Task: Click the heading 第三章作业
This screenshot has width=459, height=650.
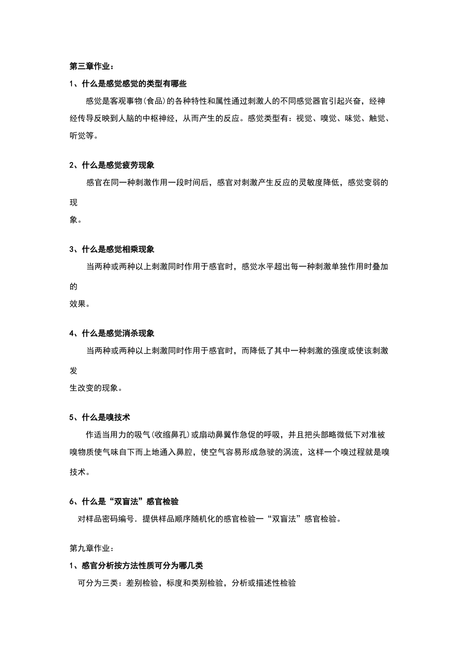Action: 91,66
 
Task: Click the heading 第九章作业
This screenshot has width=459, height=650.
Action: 91,548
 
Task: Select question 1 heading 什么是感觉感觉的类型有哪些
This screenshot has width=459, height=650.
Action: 128,84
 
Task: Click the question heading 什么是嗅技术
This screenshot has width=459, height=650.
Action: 100,417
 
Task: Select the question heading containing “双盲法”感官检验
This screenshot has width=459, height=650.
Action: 128,501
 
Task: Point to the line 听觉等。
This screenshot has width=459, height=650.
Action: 84,136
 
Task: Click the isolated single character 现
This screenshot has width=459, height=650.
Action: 73,202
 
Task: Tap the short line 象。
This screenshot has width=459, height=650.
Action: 76,220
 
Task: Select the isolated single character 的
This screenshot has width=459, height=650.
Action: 73,286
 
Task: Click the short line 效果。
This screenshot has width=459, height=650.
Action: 80,304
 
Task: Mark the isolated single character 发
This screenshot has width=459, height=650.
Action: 73,370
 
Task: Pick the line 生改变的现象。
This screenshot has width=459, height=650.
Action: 96,388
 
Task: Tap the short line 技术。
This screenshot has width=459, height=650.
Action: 80,472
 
